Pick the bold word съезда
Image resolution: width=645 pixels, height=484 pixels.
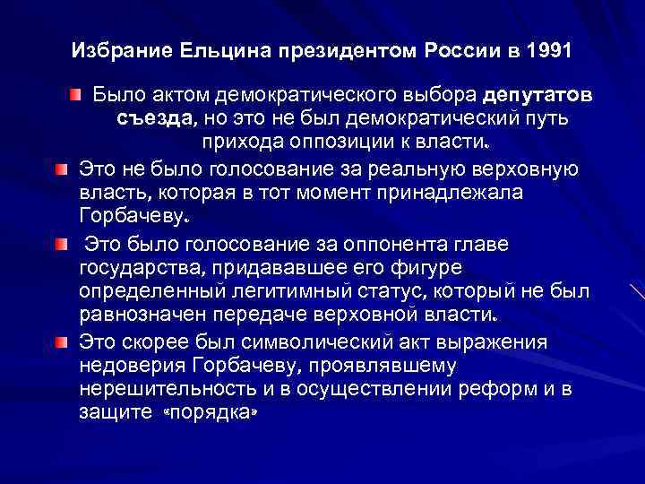(x=153, y=119)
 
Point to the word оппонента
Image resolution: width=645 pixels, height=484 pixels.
(x=376, y=243)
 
